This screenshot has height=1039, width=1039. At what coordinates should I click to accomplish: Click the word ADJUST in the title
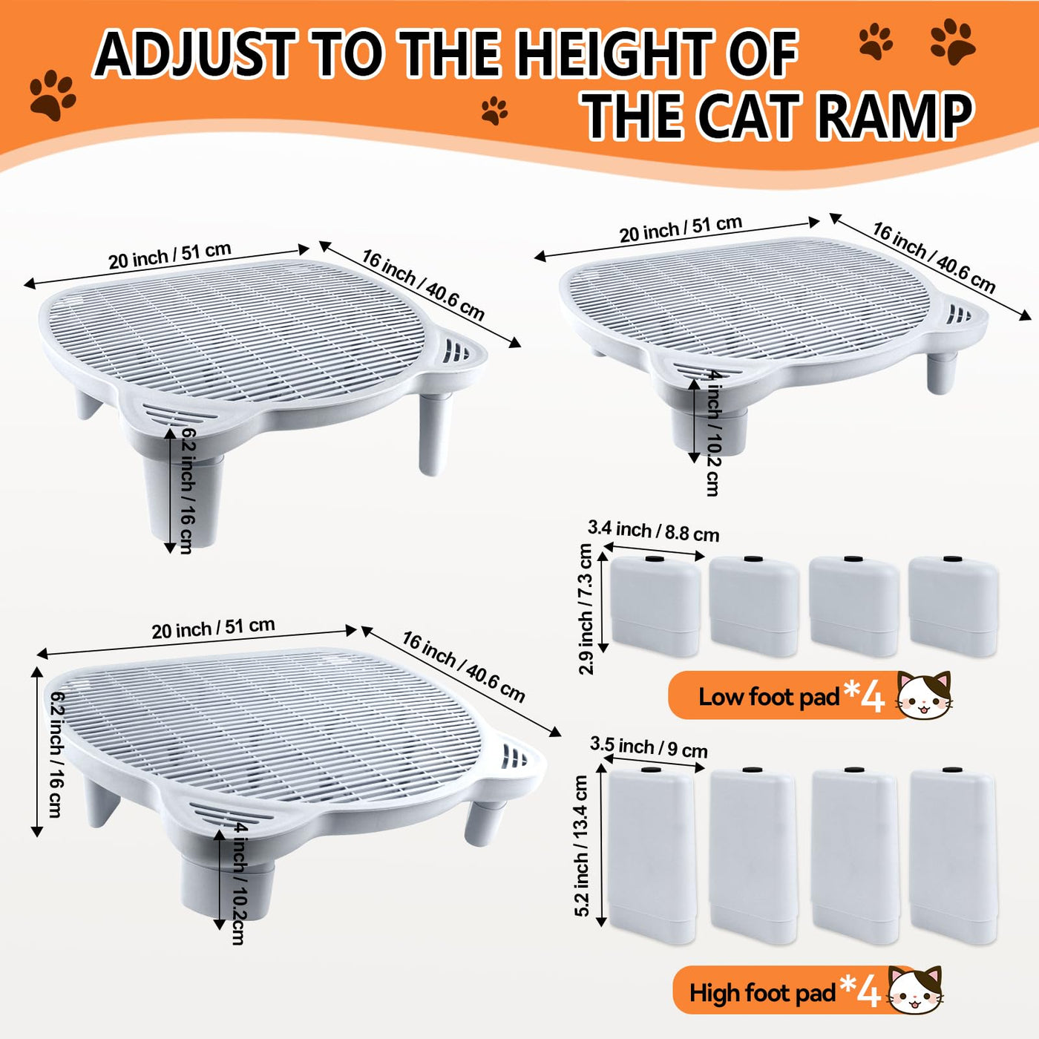tap(194, 53)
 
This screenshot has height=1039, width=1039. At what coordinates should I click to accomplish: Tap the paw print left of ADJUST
tap(52, 95)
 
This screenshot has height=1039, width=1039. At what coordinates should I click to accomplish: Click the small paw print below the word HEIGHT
tap(494, 111)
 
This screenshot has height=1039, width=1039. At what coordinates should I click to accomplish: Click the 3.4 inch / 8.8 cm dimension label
tap(653, 531)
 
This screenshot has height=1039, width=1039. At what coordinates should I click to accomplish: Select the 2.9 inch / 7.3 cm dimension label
tap(586, 609)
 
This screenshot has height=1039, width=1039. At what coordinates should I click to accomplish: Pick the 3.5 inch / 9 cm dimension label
tap(648, 747)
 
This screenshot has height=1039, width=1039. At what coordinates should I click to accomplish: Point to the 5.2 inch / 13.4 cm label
tap(581, 845)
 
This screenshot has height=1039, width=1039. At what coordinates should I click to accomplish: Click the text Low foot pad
tap(770, 697)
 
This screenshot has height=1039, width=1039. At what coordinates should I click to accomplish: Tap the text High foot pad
tap(762, 993)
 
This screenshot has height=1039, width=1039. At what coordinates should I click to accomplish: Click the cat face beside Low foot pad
tap(924, 694)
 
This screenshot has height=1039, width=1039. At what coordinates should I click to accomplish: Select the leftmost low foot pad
tap(656, 606)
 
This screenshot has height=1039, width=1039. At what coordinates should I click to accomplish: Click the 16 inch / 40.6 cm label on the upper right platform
tap(934, 258)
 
